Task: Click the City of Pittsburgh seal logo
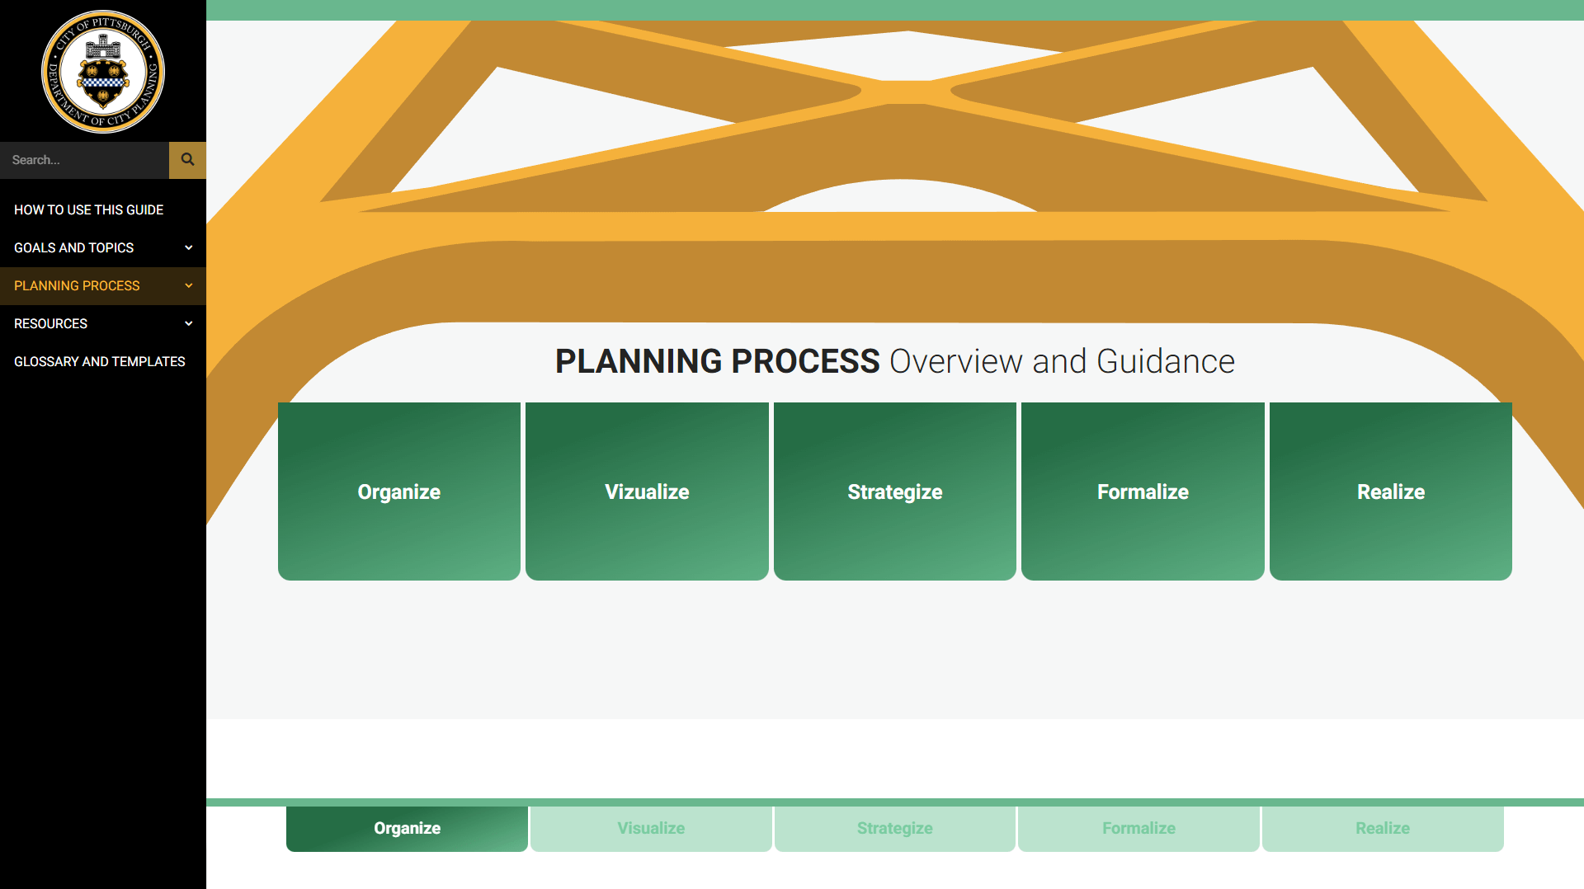tap(103, 72)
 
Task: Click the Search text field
tap(84, 160)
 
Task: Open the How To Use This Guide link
tap(88, 210)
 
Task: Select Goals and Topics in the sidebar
tap(73, 248)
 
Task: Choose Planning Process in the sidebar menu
tap(77, 286)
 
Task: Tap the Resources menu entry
tap(50, 324)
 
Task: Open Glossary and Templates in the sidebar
tap(99, 362)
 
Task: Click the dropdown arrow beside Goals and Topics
tap(189, 248)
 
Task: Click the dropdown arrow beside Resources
tap(189, 324)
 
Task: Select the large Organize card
tap(399, 492)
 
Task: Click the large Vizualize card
tap(647, 492)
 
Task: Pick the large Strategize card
tap(895, 492)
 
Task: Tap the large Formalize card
tap(1143, 492)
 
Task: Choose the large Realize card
tap(1391, 492)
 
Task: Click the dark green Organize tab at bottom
tap(407, 829)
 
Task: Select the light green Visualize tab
tap(651, 829)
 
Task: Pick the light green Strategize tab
tap(895, 829)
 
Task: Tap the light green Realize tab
tap(1383, 829)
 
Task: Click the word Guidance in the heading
tap(1166, 361)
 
